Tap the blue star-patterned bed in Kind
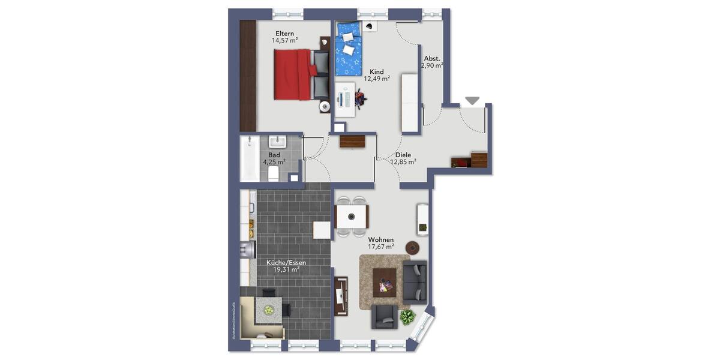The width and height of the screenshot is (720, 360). point(348,49)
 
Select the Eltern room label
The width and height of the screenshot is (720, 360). point(285,33)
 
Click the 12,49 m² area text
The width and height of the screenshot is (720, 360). point(377,79)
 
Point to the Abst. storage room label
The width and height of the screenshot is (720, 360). point(432,59)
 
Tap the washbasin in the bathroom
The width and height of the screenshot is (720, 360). point(277,142)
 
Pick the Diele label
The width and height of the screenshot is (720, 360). point(403,155)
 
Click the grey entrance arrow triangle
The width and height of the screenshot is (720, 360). point(473,101)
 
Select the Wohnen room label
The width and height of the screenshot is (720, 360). point(381,239)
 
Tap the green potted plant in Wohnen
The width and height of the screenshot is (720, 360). point(408,316)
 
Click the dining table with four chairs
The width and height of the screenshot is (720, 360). point(352,216)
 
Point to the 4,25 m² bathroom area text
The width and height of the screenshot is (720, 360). point(274,161)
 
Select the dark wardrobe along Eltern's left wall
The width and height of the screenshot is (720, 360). point(248,75)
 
